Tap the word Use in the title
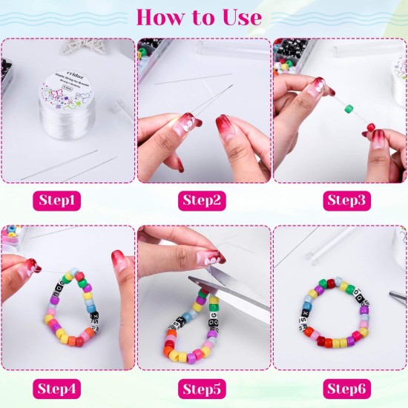[239, 16]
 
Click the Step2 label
[204, 200]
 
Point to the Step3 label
[340, 200]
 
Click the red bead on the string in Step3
[371, 128]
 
